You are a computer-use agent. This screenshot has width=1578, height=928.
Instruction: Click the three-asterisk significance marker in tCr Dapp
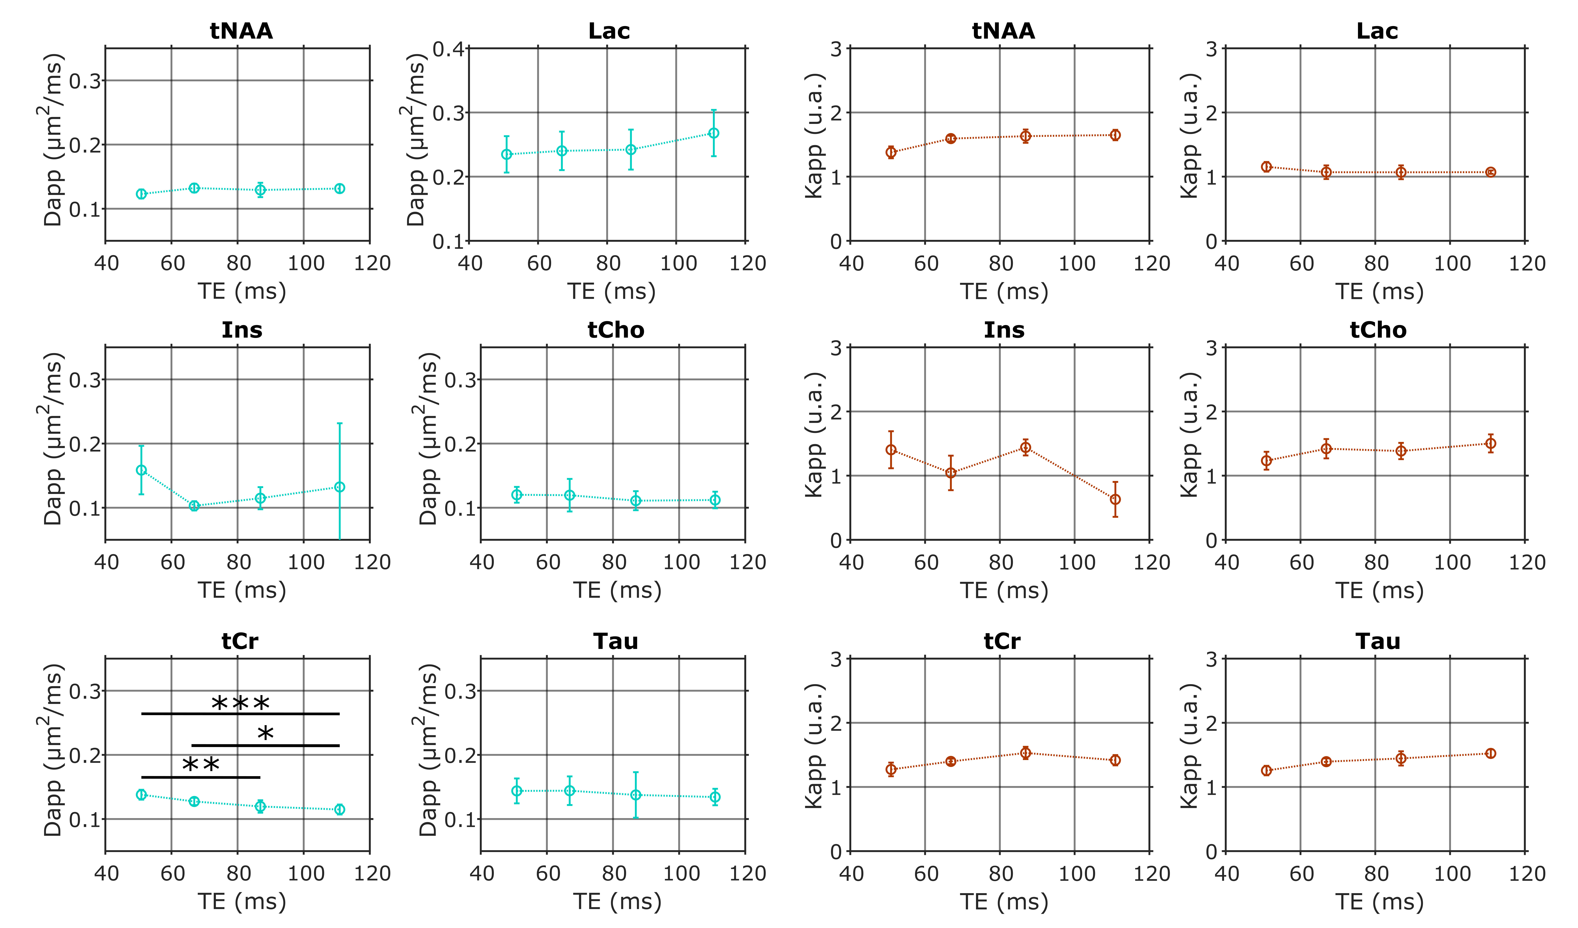tap(241, 704)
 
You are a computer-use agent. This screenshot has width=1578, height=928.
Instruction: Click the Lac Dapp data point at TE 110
tap(713, 133)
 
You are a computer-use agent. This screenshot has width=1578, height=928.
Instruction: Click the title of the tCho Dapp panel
tap(616, 330)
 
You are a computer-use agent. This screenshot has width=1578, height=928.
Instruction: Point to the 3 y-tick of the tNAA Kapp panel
tap(836, 49)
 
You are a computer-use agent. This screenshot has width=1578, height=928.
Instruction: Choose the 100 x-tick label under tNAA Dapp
tap(306, 263)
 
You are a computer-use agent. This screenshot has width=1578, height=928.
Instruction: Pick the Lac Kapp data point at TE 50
tap(1266, 167)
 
